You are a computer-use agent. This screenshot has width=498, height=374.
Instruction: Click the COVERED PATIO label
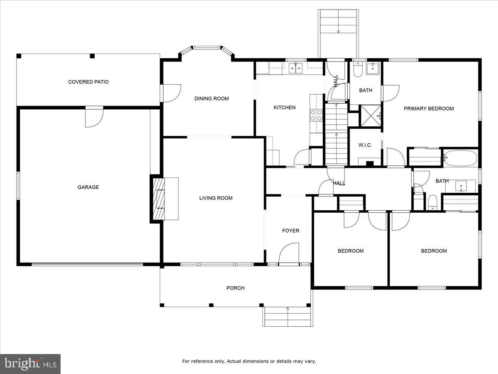88,82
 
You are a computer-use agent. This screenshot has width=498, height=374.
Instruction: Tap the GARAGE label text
88,187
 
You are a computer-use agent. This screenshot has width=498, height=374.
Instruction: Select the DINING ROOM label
212,98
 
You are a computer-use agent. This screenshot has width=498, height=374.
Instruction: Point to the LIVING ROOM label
216,198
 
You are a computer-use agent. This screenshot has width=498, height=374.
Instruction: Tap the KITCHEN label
284,108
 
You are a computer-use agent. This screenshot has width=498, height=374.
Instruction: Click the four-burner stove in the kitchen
317,115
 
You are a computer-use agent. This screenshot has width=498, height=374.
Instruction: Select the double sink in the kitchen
295,68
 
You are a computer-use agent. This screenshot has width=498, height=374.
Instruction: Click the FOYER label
290,231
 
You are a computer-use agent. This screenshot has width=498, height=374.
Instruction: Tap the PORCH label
235,288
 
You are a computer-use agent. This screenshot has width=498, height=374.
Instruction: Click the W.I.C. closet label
365,145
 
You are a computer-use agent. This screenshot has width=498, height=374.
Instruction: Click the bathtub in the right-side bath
460,158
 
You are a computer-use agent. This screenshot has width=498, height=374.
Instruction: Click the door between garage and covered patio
94,117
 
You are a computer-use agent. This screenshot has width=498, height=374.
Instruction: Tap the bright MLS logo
30,364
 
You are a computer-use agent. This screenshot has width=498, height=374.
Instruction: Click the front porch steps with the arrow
288,317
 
